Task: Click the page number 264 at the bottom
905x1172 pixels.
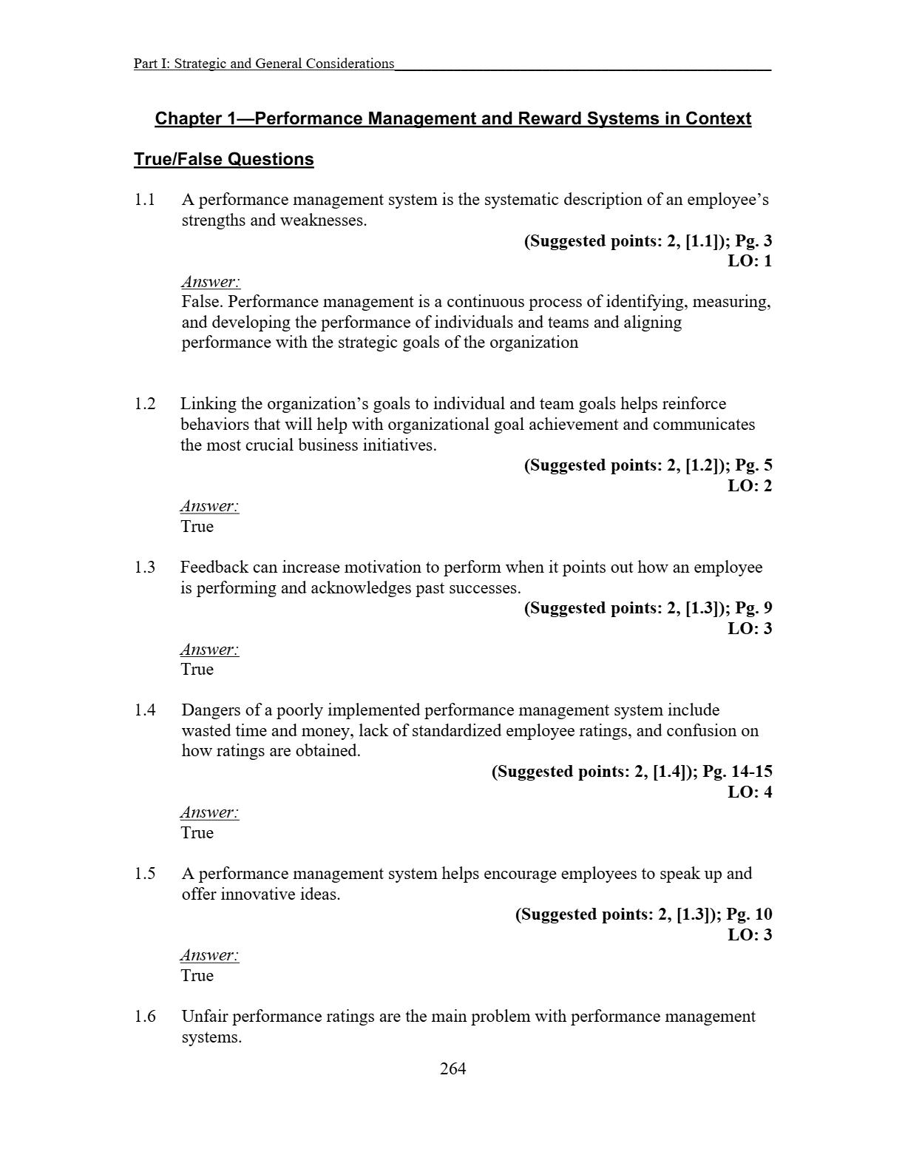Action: point(452,1068)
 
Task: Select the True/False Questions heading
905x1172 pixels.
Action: point(223,160)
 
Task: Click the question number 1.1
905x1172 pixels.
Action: point(145,200)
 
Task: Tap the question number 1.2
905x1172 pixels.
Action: point(145,404)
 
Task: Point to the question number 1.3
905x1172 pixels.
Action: point(145,568)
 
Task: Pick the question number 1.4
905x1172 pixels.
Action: point(145,710)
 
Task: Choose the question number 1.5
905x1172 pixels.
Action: point(145,874)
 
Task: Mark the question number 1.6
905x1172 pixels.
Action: point(145,1017)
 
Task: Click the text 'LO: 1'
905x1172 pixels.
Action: point(750,261)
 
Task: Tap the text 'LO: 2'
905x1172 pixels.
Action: point(750,486)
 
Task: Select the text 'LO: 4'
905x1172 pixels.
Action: point(750,792)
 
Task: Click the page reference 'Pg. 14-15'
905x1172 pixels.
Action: point(737,772)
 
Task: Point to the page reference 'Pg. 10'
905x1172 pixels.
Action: point(749,915)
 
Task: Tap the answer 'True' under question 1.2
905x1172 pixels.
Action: point(197,527)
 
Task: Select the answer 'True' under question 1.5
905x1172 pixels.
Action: point(197,976)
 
